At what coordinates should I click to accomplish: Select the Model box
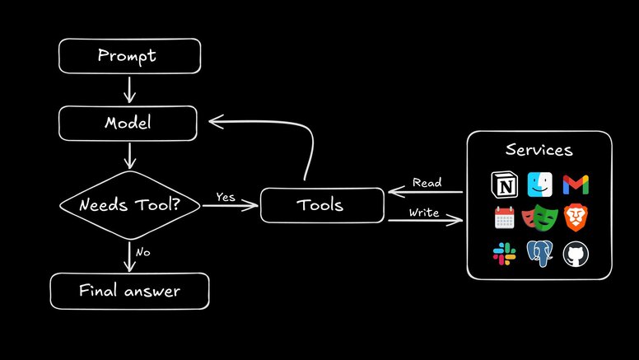click(x=128, y=123)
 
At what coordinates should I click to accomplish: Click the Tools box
click(x=322, y=206)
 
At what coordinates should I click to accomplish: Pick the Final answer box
click(x=129, y=291)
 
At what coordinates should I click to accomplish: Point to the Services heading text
click(x=539, y=151)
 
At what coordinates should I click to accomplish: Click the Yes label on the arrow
click(x=226, y=196)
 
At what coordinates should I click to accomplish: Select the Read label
click(x=427, y=182)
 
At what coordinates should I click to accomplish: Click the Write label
click(x=424, y=213)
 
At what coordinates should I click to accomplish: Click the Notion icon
click(x=503, y=184)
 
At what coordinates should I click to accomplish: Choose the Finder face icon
click(x=539, y=184)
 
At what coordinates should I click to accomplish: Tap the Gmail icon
click(x=576, y=184)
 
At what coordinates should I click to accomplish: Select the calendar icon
click(x=504, y=218)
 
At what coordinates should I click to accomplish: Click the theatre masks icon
click(x=539, y=219)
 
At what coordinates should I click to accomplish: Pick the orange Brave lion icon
click(x=576, y=218)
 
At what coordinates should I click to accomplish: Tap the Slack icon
click(x=504, y=255)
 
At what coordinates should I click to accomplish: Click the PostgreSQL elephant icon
click(x=540, y=255)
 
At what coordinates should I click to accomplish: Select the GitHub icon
click(x=576, y=255)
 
